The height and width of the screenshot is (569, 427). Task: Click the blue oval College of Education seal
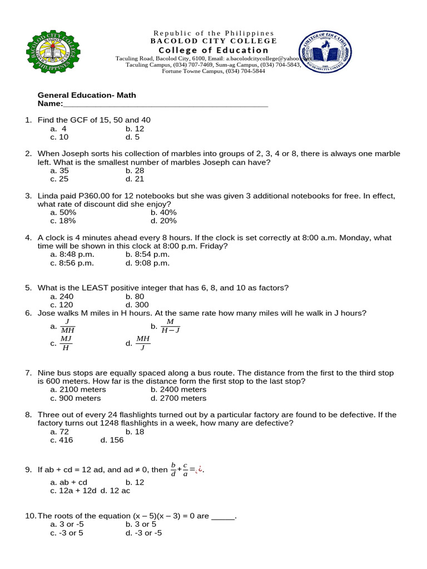click(x=325, y=53)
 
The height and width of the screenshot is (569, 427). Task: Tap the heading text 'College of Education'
click(x=213, y=50)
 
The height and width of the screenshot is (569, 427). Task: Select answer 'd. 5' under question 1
click(x=132, y=137)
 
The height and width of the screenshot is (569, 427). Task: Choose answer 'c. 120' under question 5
click(x=61, y=305)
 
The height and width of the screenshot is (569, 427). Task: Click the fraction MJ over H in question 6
click(x=66, y=343)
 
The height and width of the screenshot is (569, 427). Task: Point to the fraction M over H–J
click(x=170, y=326)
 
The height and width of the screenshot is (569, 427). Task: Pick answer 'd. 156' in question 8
click(x=112, y=440)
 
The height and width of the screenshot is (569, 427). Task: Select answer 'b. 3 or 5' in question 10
click(x=141, y=525)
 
